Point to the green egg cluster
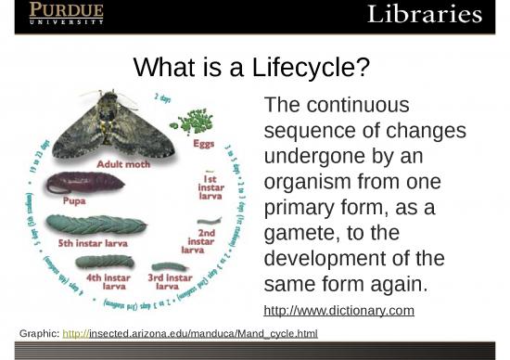[x=198, y=121]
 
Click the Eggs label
[x=205, y=145]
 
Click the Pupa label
[x=74, y=199]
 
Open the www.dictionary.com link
[x=338, y=310]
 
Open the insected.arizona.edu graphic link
[x=189, y=331]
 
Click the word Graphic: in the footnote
[x=38, y=331]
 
